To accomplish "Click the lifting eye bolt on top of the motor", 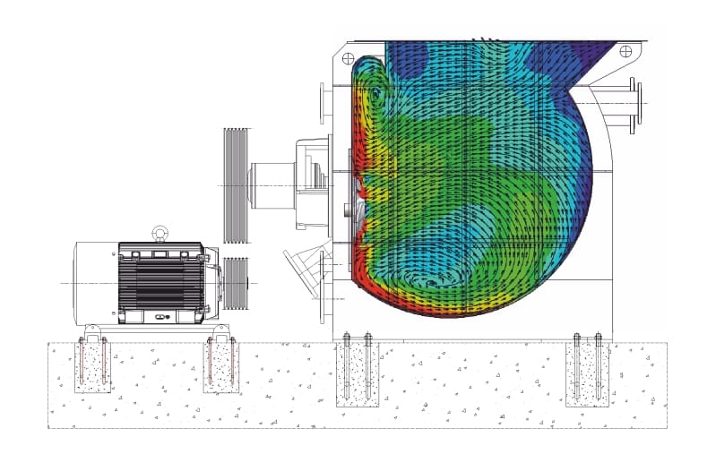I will tap(160, 233).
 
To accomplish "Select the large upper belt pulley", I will tap(235, 185).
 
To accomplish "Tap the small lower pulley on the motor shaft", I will tap(235, 283).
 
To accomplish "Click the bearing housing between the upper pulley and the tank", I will tap(296, 184).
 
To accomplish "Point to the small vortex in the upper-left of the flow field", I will tap(375, 92).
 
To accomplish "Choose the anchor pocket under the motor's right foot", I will tap(221, 367).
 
